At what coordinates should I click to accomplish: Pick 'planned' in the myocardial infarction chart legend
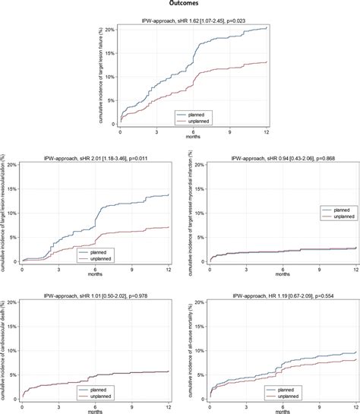coord(336,209)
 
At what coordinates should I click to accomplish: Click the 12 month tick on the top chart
coord(267,131)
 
